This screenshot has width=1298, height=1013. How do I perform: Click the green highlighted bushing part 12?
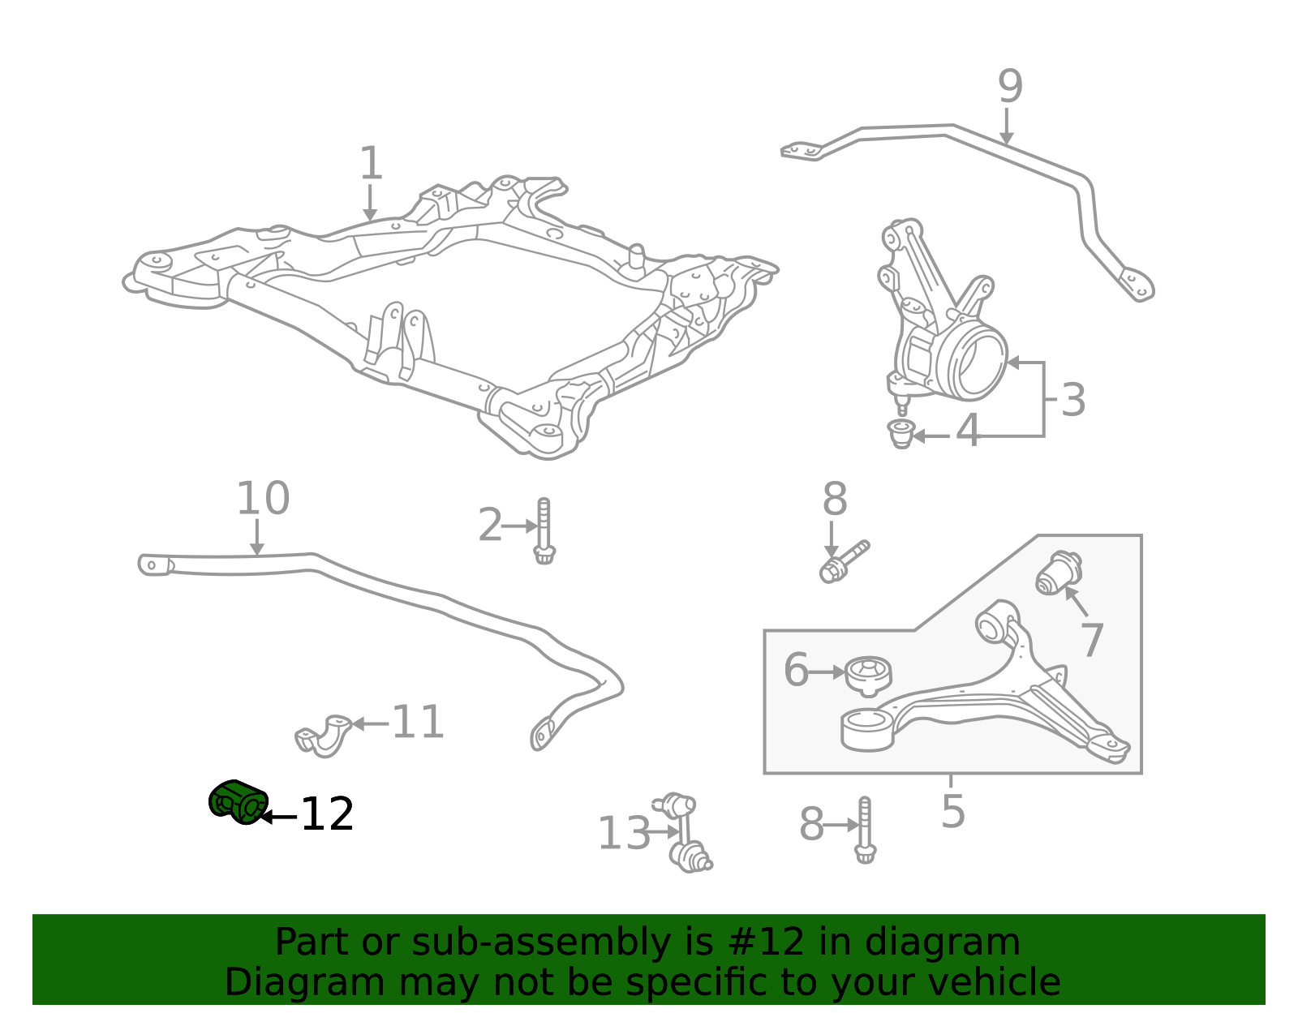point(238,801)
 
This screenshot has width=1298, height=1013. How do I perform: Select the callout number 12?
point(327,814)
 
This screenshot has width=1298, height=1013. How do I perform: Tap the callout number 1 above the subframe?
point(371,163)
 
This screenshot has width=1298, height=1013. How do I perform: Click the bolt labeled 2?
point(544,530)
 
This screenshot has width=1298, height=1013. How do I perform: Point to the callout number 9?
point(1010,87)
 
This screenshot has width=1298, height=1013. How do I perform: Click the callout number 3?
point(1073,400)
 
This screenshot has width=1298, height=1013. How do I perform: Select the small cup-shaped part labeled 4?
point(901,434)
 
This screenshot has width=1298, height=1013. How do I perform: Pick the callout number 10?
point(263,499)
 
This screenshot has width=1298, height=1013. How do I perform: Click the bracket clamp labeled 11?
point(323,736)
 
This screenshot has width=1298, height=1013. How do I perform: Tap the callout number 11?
point(418,723)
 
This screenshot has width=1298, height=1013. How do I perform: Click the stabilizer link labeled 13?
point(682,833)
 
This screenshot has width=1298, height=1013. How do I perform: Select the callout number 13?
point(624,833)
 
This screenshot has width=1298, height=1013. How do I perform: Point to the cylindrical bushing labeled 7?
point(1059,573)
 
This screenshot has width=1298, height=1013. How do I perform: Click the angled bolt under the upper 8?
point(844,562)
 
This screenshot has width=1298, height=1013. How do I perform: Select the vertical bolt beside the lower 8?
point(864,830)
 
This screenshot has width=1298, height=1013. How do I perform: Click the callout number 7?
point(1092,640)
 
